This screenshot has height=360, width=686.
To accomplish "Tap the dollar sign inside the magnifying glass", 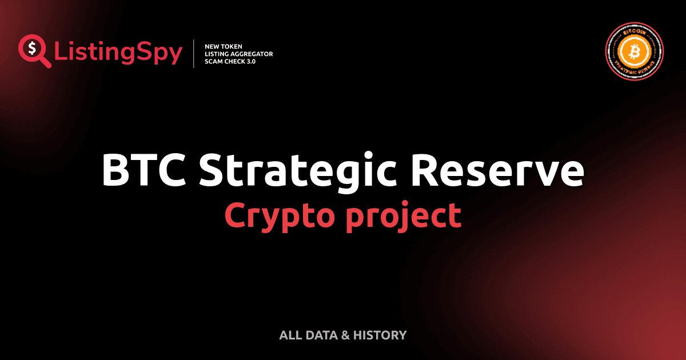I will pos(31,49).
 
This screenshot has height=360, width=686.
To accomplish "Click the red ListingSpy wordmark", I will pos(118,53).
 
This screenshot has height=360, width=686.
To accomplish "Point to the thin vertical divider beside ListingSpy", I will pos(195,54).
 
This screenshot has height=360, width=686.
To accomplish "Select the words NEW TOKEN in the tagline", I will pos(224,46).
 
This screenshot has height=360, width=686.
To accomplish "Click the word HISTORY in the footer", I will pos(380,335).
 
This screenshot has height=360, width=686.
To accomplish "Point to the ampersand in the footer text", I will pos(345,335).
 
